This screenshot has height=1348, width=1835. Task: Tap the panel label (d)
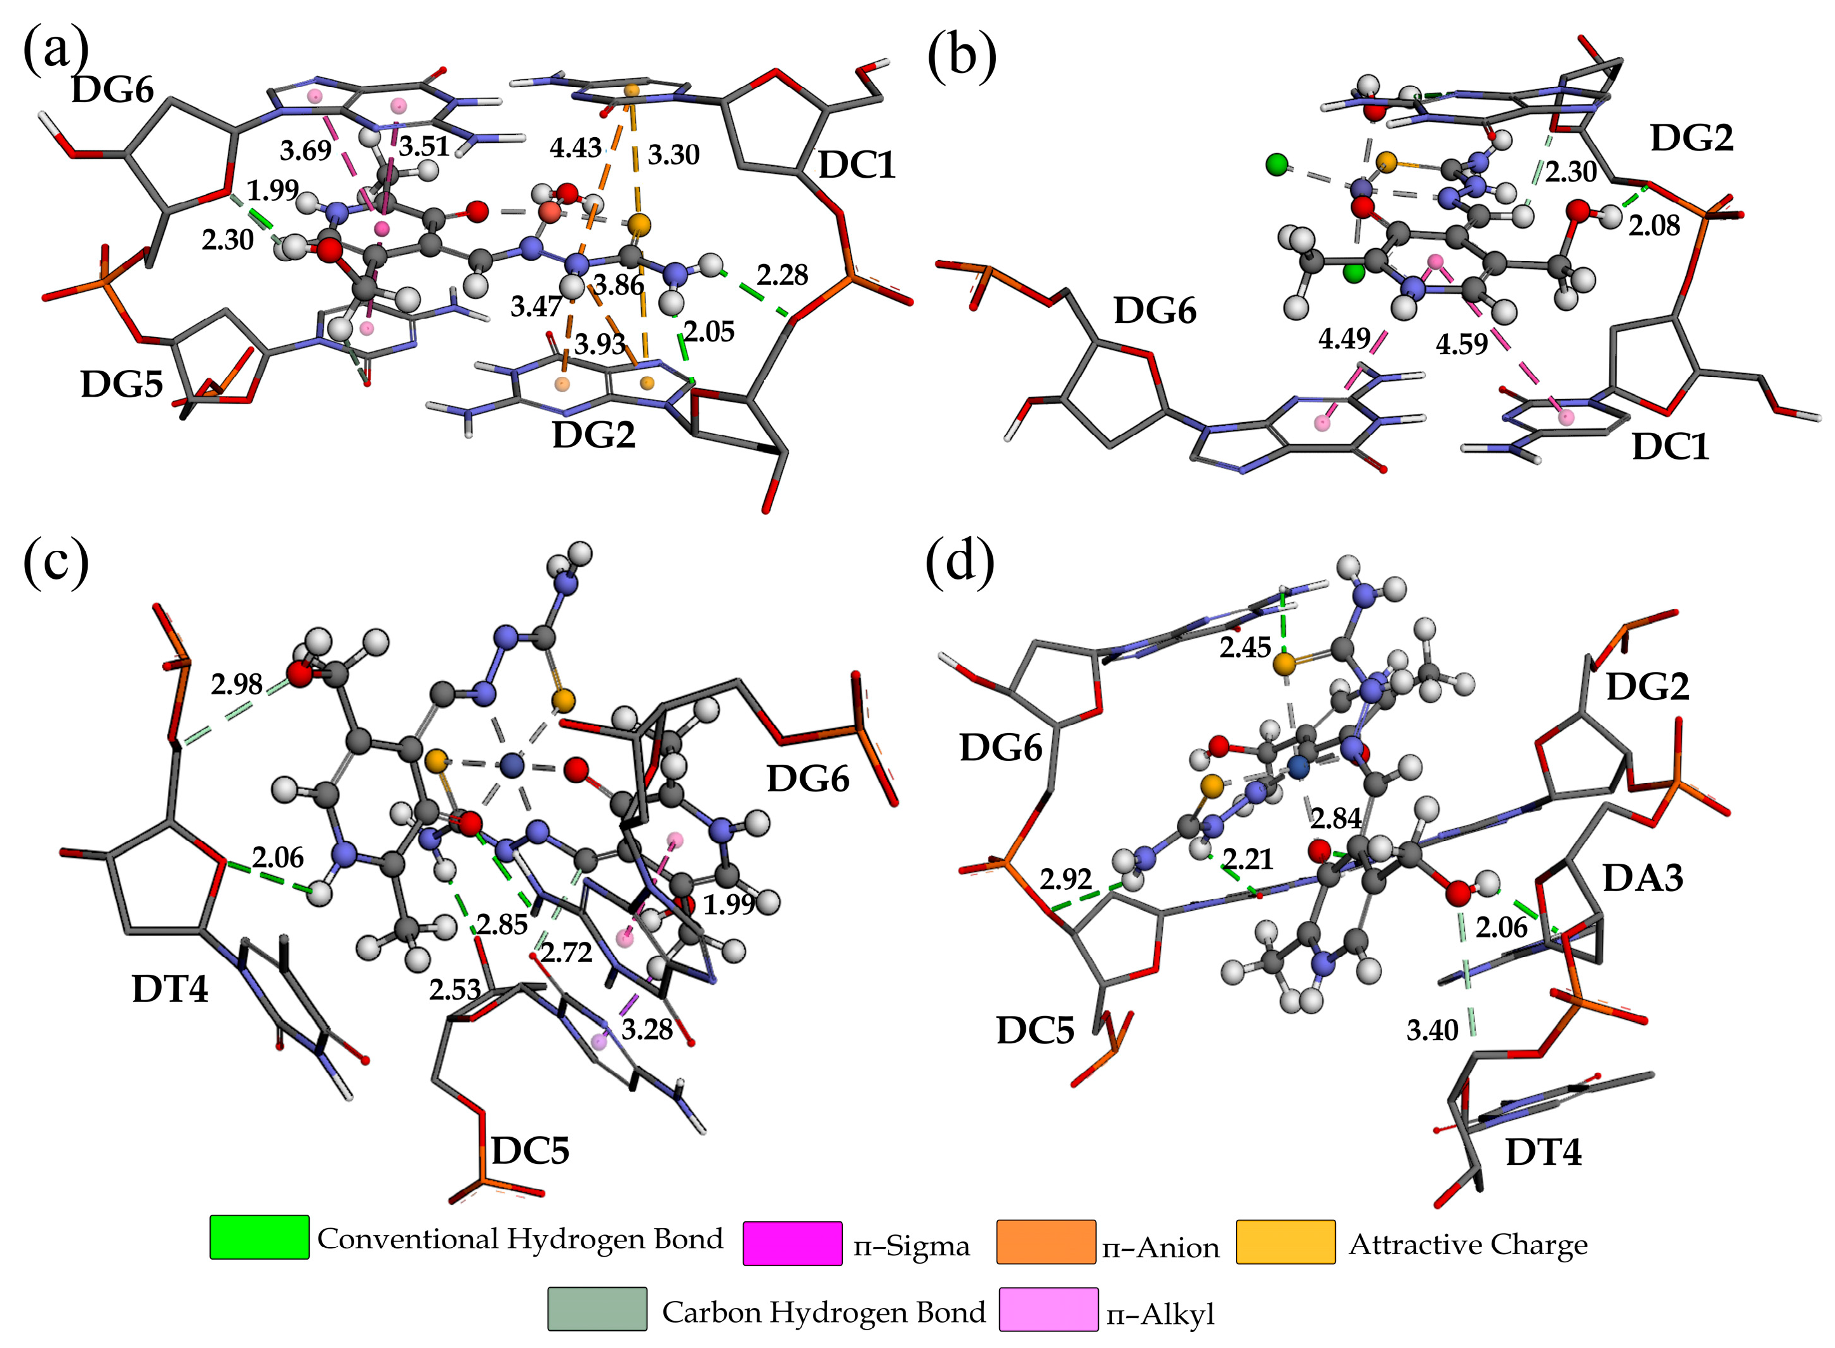[960, 560]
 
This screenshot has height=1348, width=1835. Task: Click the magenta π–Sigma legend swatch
[792, 1243]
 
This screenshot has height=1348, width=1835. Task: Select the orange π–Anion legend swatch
[1045, 1243]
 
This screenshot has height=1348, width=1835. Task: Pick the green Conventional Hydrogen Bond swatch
[260, 1238]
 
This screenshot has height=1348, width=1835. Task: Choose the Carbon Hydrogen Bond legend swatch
[597, 1310]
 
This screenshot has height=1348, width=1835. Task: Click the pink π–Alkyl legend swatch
[1049, 1310]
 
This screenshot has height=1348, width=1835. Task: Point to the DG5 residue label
[122, 383]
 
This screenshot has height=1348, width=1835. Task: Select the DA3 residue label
[1643, 878]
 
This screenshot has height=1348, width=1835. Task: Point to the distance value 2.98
[237, 684]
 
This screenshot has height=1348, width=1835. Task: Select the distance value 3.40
[1432, 1031]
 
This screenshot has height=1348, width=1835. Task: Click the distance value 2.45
[1245, 647]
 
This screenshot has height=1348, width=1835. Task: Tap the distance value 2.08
[1654, 225]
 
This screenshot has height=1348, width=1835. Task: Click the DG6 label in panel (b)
[1155, 311]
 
